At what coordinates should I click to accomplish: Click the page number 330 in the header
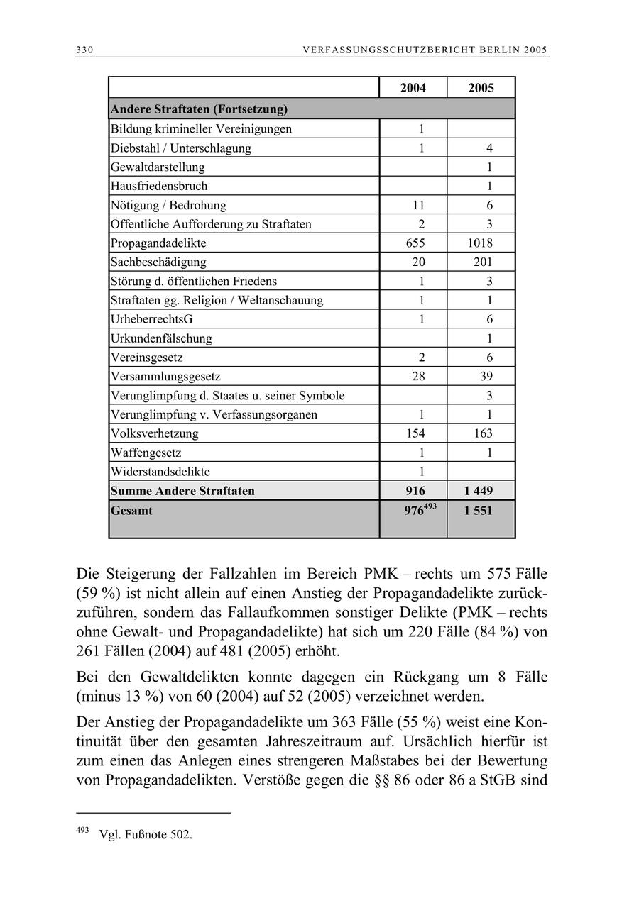tap(85, 50)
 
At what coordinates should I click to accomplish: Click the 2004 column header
tap(413, 88)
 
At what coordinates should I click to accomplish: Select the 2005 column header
tap(481, 88)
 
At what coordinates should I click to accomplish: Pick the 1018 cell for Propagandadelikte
tap(480, 243)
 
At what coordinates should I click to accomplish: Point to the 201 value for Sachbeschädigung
tap(483, 262)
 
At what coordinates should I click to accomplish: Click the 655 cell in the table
tap(413, 243)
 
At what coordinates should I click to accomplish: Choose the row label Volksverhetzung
tap(155, 433)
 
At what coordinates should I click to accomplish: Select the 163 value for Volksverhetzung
tap(482, 433)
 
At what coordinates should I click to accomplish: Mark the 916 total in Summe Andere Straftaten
tap(415, 491)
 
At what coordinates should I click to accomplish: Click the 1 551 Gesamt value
tap(479, 511)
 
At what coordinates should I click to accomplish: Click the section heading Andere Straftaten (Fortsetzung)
tap(199, 110)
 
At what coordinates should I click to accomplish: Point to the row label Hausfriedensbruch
tap(159, 187)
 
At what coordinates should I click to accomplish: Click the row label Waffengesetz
tap(146, 453)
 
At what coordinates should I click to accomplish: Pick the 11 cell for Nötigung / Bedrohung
tap(419, 206)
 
